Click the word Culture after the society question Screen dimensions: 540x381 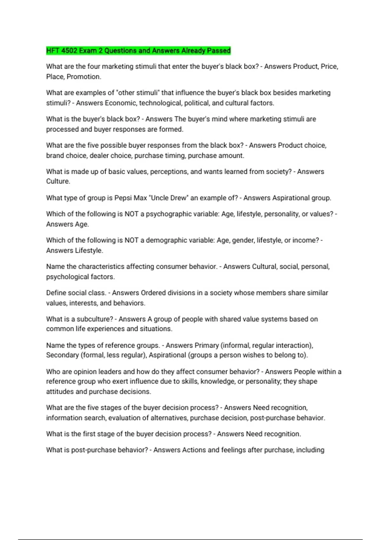tap(58, 181)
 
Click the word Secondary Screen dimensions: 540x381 tap(62, 355)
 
